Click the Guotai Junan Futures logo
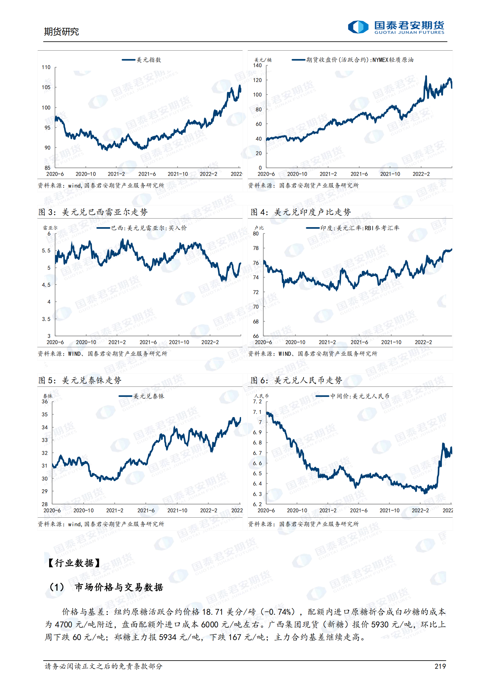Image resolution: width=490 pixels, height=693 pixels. coord(396,27)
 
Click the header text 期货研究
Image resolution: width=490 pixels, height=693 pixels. coord(61,31)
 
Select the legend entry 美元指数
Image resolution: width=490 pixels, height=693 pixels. coord(142,60)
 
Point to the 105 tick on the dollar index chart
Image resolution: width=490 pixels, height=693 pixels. coord(46,87)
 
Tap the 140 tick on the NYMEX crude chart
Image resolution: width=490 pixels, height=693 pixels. coord(257,65)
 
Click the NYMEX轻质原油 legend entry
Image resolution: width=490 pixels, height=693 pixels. coord(353,60)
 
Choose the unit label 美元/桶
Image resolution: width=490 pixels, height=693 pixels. coord(263,60)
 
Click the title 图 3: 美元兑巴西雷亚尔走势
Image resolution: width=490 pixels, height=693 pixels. coord(93,212)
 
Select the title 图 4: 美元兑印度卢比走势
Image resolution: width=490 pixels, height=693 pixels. coord(301,212)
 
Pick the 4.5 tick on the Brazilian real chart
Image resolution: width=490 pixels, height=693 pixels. coord(46,285)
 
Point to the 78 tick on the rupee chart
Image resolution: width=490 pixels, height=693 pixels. coord(256,248)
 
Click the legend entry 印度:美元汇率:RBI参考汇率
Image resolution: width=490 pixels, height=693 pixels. coord(353,228)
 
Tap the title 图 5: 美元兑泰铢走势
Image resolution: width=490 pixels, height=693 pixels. coord(80,380)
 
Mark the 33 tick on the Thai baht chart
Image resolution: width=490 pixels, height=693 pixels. coord(45,440)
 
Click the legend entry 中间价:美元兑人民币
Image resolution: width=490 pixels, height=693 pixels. coord(353,396)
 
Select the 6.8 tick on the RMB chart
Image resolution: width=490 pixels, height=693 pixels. coord(257,443)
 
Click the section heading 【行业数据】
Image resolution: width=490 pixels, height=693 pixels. coord(74,563)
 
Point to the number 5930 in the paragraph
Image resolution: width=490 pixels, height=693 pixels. coord(380,624)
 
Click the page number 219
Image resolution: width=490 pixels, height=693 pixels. coord(440,666)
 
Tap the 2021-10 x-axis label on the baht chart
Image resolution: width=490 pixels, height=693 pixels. coord(177,511)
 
